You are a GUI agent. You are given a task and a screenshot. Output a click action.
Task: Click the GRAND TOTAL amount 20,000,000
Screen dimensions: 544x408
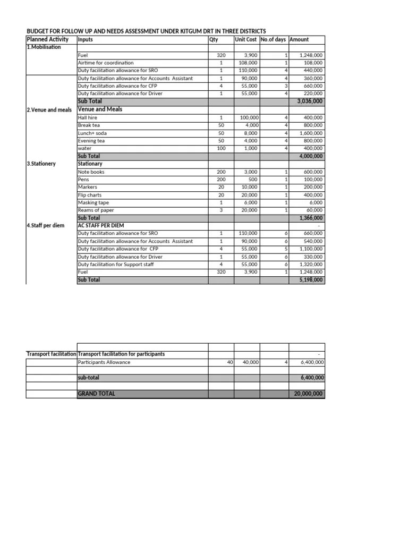[308, 394]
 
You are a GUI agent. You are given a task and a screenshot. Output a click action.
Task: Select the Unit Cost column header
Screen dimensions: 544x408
[245, 39]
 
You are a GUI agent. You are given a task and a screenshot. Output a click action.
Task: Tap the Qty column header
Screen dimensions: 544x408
[214, 39]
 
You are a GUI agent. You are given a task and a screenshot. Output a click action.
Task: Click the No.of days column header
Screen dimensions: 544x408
[274, 39]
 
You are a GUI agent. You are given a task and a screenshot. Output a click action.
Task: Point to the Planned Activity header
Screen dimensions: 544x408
[48, 39]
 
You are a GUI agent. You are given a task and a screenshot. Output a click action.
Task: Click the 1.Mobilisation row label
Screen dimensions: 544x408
[44, 47]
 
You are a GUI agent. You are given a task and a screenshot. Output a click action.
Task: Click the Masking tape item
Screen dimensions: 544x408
[93, 202]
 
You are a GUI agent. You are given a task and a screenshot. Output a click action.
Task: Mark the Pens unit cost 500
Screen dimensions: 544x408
[253, 180]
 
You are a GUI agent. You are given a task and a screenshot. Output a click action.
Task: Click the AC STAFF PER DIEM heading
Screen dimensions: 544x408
[101, 226]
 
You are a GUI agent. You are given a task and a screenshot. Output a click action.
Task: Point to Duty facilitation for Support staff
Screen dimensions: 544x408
[116, 264]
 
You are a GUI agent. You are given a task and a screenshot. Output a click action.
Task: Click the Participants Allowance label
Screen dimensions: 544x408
[104, 362]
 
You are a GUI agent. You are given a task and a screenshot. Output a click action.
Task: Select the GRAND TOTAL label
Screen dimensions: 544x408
[96, 394]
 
